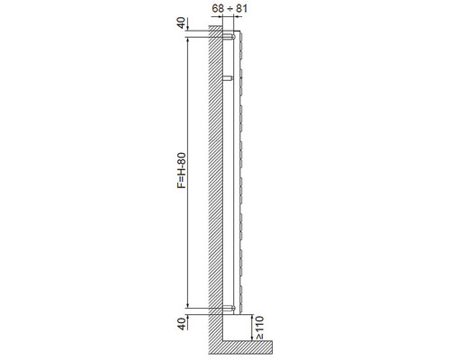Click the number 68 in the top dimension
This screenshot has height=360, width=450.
point(218,8)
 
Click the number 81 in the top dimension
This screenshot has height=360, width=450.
point(241,8)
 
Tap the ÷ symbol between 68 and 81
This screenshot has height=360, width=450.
point(229,8)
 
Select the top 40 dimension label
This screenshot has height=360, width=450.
point(181,22)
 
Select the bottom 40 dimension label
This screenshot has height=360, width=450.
point(181,324)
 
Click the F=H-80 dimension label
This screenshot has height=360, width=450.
point(182,170)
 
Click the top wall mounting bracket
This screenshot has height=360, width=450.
point(229,37)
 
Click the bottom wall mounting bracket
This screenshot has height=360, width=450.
point(229,308)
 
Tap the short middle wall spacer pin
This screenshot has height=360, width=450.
point(228,78)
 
